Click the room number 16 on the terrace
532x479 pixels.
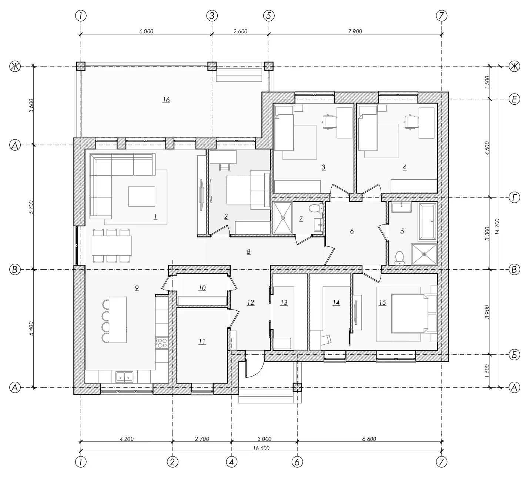click(166, 100)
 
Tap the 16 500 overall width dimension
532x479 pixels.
click(261, 448)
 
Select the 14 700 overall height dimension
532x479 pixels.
click(497, 226)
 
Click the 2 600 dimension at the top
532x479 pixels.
click(240, 31)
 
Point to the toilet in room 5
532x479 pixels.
click(399, 258)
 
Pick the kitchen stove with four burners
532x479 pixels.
click(162, 343)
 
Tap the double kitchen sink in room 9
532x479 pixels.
click(124, 377)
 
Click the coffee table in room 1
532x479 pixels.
click(142, 196)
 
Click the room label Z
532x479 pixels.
click(301, 219)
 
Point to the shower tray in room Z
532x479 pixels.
click(283, 218)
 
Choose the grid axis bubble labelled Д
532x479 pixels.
click(15, 145)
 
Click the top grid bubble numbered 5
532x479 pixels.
click(269, 16)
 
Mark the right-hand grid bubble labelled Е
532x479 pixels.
click(514, 99)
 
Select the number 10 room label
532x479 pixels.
click(202, 288)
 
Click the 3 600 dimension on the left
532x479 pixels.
click(31, 105)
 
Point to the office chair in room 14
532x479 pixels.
click(326, 340)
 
